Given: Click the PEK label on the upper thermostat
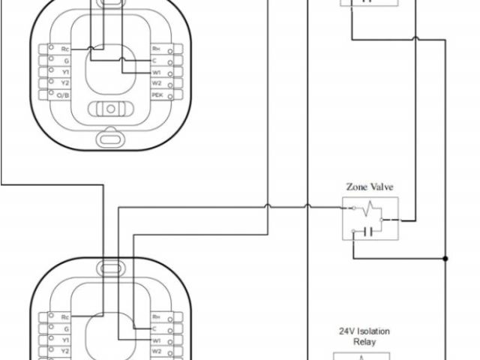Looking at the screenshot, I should (x=156, y=95).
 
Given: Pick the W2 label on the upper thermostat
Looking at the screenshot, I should (x=156, y=84).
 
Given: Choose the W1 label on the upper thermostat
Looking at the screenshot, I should (x=156, y=73).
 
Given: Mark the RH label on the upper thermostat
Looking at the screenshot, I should (x=156, y=49).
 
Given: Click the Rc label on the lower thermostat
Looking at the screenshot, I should (x=66, y=317).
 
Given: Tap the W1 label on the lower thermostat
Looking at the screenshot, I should (x=156, y=339).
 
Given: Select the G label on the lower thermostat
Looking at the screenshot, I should (x=66, y=328).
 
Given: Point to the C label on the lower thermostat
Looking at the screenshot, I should (x=154, y=328).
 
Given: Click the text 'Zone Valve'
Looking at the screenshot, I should (x=369, y=187).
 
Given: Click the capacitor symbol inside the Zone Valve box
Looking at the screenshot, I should (x=367, y=230).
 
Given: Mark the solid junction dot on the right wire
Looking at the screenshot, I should (x=445, y=259).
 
